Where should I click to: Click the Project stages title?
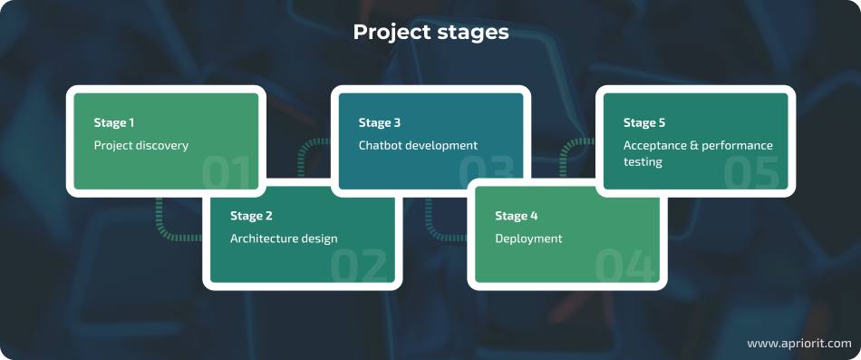click(x=430, y=33)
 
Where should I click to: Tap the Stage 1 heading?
click(x=114, y=122)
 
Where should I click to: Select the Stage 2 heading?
click(x=251, y=216)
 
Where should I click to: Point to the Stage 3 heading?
click(x=379, y=122)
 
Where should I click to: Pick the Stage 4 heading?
click(x=516, y=216)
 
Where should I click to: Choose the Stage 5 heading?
click(x=643, y=122)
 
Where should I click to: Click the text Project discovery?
click(x=140, y=145)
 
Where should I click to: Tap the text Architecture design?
click(x=284, y=238)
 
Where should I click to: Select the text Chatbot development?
click(x=418, y=145)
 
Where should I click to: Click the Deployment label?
click(x=528, y=238)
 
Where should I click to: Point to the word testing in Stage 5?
click(x=643, y=161)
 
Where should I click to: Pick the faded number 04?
click(x=626, y=265)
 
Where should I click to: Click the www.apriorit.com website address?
click(x=798, y=344)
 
